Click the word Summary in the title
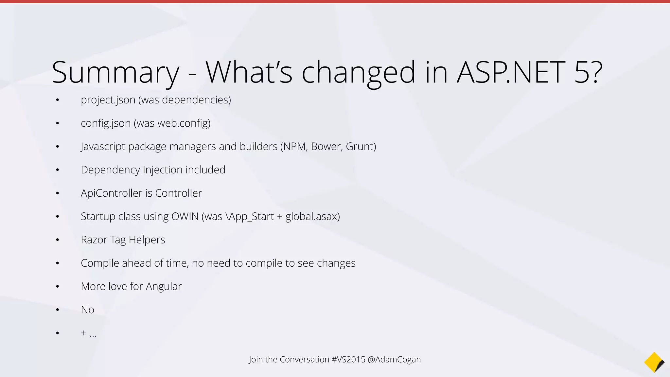(x=115, y=73)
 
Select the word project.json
(x=108, y=100)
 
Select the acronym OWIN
(x=185, y=216)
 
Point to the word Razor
(x=94, y=240)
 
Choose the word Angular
(x=164, y=287)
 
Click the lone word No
(x=87, y=310)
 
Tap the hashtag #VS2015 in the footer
(x=348, y=359)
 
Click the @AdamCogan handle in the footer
(x=394, y=359)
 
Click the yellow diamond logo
(x=654, y=362)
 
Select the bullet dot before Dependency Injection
(x=58, y=170)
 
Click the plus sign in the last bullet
(x=84, y=333)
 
